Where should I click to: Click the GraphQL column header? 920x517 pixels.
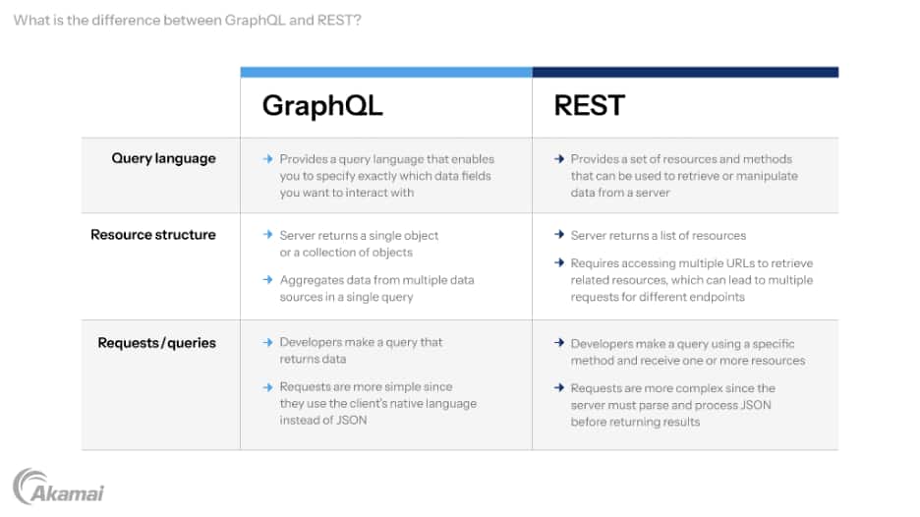322,106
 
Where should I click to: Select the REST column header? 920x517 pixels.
589,105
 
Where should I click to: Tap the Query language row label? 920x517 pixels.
164,159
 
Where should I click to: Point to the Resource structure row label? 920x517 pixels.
153,235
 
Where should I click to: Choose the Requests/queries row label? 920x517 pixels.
156,343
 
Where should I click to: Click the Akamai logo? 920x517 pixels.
59,487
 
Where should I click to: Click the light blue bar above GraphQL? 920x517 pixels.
386,72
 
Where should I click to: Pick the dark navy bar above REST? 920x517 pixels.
685,72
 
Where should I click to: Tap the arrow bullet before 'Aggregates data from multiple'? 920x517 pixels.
268,280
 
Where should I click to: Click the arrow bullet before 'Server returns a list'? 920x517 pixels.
559,235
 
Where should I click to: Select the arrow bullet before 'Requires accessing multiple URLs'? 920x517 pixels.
559,262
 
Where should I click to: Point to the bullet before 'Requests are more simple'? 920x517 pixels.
268,387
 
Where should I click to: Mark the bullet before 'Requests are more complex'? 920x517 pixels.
559,388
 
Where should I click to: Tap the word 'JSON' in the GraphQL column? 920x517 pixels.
351,420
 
